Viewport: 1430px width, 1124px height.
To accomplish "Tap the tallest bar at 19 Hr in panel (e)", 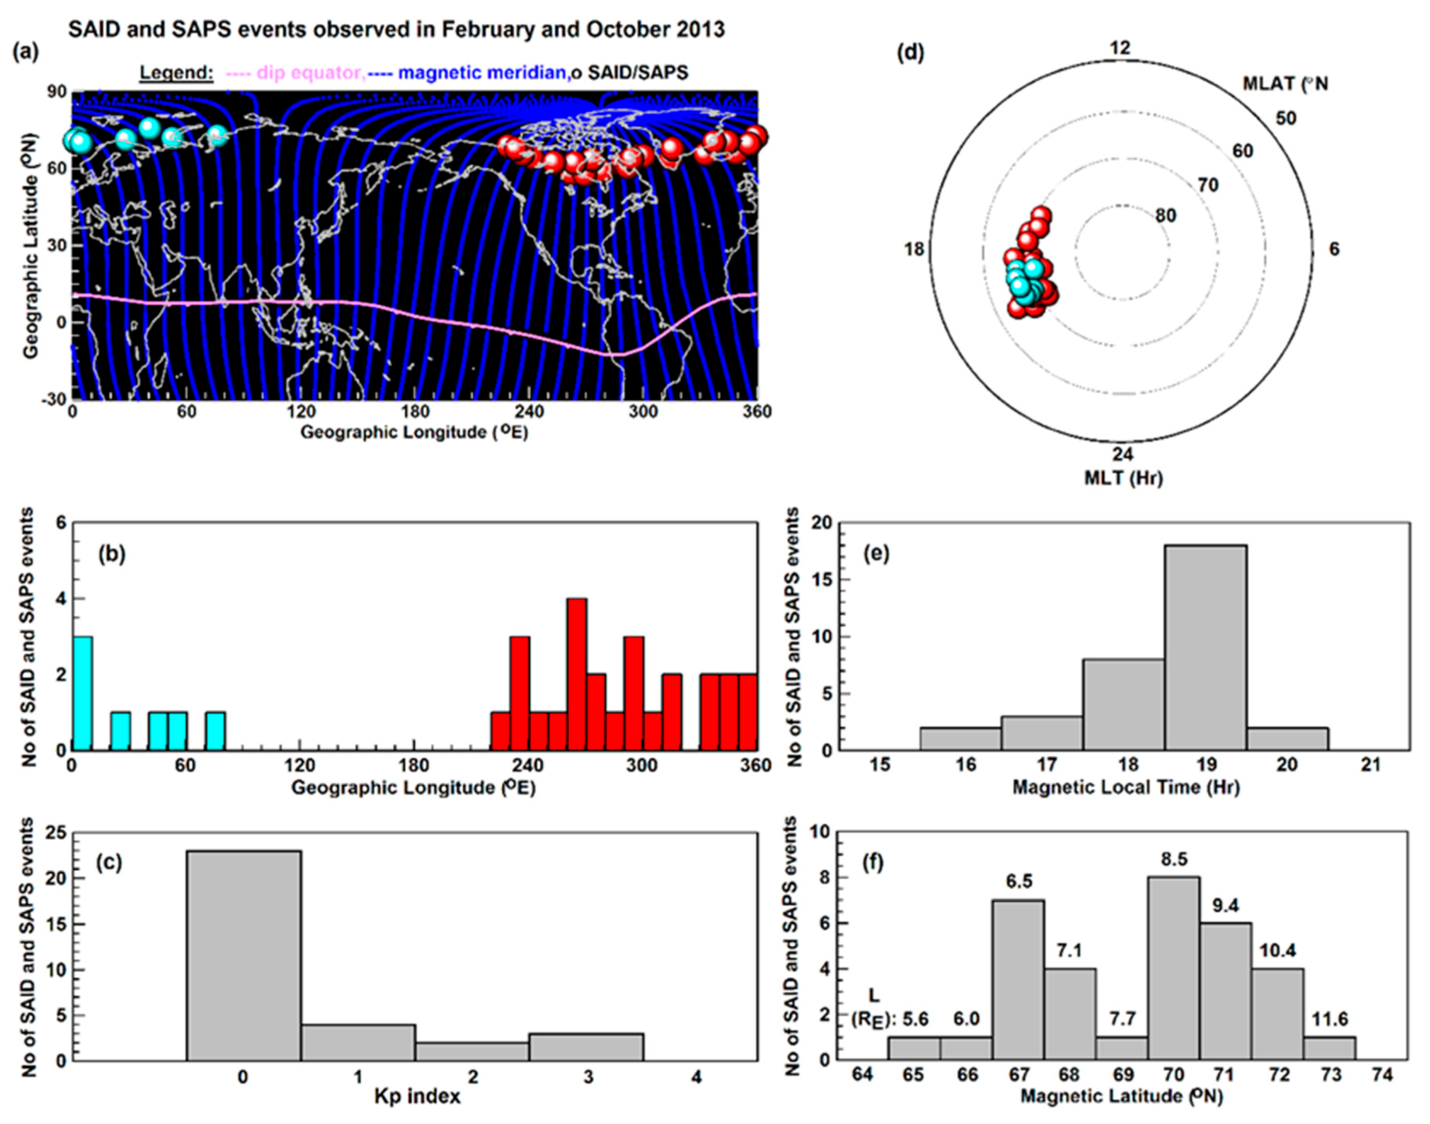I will [1206, 648].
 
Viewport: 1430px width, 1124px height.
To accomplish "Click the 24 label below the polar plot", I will [1123, 454].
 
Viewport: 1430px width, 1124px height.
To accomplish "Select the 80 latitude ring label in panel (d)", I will [1165, 216].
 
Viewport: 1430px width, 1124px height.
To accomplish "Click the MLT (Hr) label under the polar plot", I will [1123, 477].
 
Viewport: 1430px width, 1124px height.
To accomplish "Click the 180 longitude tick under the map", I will [415, 412].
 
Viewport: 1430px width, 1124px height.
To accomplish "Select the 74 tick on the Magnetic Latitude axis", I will [1383, 1075].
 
